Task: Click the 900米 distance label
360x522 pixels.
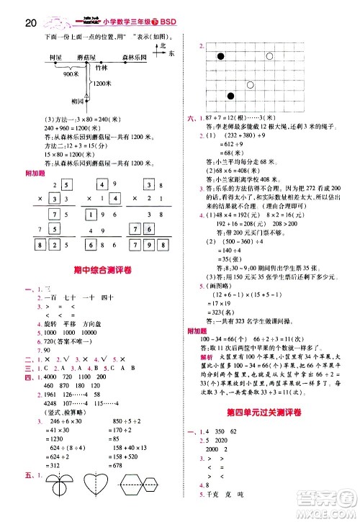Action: pos(71,74)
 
